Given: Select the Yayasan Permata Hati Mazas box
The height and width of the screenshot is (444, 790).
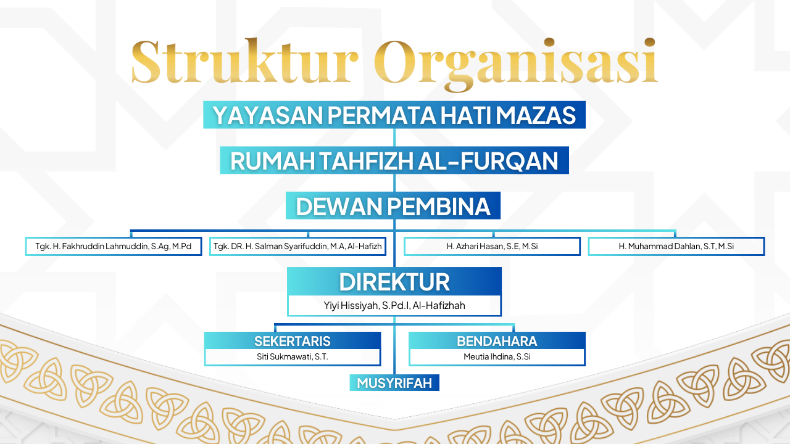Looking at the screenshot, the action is click(394, 115).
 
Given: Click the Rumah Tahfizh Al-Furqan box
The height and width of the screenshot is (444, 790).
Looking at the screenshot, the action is click(394, 160).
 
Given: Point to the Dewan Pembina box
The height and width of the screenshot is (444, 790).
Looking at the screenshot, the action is click(393, 206).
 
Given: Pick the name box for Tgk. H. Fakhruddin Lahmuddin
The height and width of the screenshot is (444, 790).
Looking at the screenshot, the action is click(114, 246).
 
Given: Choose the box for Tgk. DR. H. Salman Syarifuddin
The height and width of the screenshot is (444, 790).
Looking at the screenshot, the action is click(297, 246).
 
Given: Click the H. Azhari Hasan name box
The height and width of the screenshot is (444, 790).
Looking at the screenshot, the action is click(493, 246).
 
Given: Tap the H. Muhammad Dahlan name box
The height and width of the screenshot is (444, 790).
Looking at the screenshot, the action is click(676, 246).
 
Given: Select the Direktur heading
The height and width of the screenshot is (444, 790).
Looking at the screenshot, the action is click(394, 282).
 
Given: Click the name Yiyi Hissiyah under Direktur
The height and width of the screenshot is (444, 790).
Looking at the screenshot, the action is click(394, 305).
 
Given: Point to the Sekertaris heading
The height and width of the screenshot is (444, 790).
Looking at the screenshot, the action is click(293, 341).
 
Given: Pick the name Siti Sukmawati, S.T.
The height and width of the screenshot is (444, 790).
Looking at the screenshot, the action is click(293, 356).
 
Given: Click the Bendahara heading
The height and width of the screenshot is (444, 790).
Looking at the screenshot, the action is click(497, 341).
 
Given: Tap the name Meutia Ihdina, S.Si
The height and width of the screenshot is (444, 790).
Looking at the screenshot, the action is click(497, 356).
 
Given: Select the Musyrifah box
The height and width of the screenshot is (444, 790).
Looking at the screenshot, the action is click(394, 383).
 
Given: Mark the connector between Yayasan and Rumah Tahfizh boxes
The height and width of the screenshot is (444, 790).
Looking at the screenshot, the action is click(394, 138).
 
